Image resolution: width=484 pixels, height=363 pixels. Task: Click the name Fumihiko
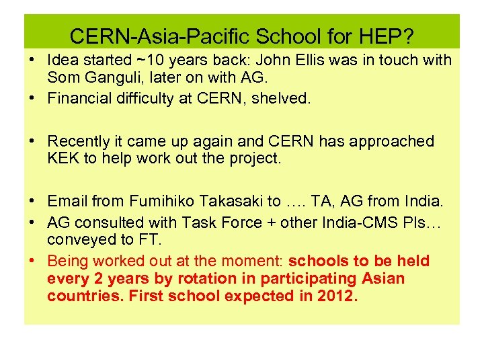click(x=160, y=201)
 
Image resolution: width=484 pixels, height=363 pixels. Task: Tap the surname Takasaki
click(x=230, y=201)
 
